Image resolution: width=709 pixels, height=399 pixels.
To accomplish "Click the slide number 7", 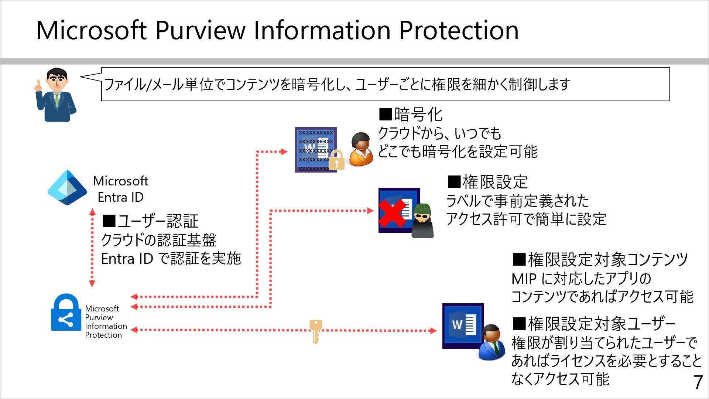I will (x=698, y=382).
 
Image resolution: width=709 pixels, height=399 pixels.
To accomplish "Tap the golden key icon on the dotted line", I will (x=315, y=331).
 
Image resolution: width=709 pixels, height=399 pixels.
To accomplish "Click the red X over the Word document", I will (x=391, y=214).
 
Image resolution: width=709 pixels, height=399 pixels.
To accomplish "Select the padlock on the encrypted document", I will (x=336, y=160).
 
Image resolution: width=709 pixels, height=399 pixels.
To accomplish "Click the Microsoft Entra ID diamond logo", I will (x=67, y=188).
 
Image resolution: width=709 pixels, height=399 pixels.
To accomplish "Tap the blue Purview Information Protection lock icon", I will (x=66, y=313).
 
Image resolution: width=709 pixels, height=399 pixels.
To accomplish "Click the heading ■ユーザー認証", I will (x=150, y=221).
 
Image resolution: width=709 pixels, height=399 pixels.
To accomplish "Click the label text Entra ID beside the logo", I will (x=120, y=197).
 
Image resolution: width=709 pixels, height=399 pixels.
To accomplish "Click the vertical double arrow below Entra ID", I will (x=92, y=248).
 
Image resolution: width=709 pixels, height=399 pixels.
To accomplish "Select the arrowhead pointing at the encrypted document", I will (x=283, y=151).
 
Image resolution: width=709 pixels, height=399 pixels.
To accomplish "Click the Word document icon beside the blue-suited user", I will (x=463, y=325).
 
